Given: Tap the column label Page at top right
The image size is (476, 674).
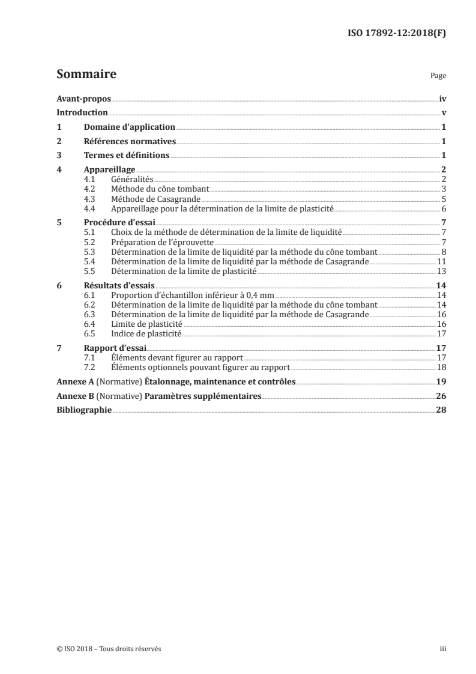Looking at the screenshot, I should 438,77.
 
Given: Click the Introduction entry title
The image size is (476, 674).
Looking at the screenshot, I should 82,113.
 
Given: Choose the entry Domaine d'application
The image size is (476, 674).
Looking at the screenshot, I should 129,127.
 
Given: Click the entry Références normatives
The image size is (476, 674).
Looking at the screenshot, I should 130,142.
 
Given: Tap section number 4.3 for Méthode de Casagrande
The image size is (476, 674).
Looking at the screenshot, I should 90,199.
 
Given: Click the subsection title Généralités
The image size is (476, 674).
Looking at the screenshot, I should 133,180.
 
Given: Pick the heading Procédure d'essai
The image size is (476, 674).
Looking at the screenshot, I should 119,222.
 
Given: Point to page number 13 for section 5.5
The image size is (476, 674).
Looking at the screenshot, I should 441,271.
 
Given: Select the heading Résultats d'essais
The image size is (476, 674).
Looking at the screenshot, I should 119,285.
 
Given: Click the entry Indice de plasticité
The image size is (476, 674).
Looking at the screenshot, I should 146,333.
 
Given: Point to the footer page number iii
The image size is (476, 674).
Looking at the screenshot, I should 443,649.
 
